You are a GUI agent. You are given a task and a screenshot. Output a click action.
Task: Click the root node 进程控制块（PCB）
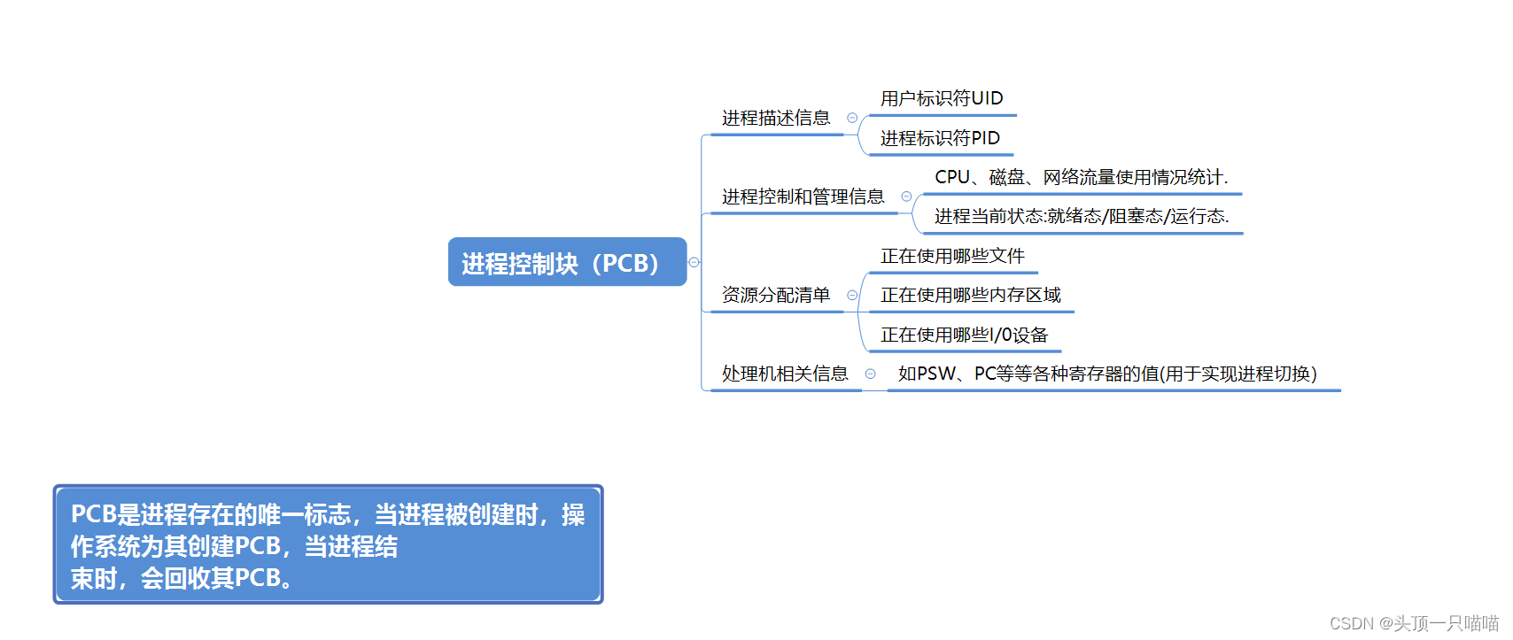point(567,262)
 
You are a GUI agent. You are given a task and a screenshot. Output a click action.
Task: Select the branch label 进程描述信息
point(776,118)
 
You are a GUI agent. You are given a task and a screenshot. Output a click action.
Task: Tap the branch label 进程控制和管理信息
point(803,197)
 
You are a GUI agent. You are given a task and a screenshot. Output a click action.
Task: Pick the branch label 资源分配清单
point(776,295)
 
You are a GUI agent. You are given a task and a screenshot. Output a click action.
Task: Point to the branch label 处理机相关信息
point(785,374)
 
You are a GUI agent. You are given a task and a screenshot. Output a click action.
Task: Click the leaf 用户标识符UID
point(942,98)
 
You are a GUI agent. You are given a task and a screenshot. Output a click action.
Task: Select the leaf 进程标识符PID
point(940,138)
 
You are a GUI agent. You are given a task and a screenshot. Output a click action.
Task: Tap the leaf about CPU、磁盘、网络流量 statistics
point(1081,177)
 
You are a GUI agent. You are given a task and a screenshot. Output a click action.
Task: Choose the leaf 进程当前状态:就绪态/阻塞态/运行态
point(1082,216)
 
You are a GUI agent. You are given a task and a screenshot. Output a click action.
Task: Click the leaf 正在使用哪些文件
point(952,256)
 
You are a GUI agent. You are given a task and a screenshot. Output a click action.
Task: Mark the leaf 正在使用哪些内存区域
point(971,295)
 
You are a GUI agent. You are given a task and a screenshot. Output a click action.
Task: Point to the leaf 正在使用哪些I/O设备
point(964,335)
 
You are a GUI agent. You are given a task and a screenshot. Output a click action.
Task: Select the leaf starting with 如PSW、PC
point(1107,374)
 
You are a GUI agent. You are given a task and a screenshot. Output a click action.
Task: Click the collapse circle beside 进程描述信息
point(852,118)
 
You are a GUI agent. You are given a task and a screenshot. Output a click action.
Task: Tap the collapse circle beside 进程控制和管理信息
point(906,197)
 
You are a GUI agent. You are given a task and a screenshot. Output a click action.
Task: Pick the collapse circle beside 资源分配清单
point(852,295)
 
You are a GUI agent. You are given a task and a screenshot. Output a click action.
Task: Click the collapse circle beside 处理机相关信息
point(871,374)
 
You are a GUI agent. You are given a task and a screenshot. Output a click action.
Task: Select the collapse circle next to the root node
point(694,262)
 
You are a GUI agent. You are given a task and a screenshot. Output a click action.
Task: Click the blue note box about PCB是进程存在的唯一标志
point(328,544)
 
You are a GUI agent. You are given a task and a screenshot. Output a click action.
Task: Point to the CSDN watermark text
point(1414,623)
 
